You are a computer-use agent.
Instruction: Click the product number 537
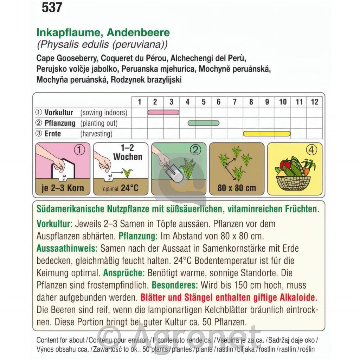pyautogui.click(x=52, y=8)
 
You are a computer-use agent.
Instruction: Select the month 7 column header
pyautogui.click(x=234, y=102)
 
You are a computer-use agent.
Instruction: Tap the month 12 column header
pyautogui.click(x=314, y=102)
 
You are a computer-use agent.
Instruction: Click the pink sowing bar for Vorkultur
pyautogui.click(x=163, y=112)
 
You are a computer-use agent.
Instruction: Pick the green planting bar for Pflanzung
pyautogui.click(x=204, y=123)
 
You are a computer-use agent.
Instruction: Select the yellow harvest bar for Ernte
pyautogui.click(x=267, y=134)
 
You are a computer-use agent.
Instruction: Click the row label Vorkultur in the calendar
pyautogui.click(x=59, y=113)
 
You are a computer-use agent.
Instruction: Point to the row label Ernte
pyautogui.click(x=53, y=134)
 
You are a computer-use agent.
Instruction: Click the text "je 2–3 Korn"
pyautogui.click(x=63, y=188)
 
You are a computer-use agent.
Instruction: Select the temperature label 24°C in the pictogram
pyautogui.click(x=130, y=188)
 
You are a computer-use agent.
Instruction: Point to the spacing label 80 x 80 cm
pyautogui.click(x=237, y=188)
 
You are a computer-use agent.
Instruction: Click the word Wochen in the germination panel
pyautogui.click(x=128, y=157)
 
